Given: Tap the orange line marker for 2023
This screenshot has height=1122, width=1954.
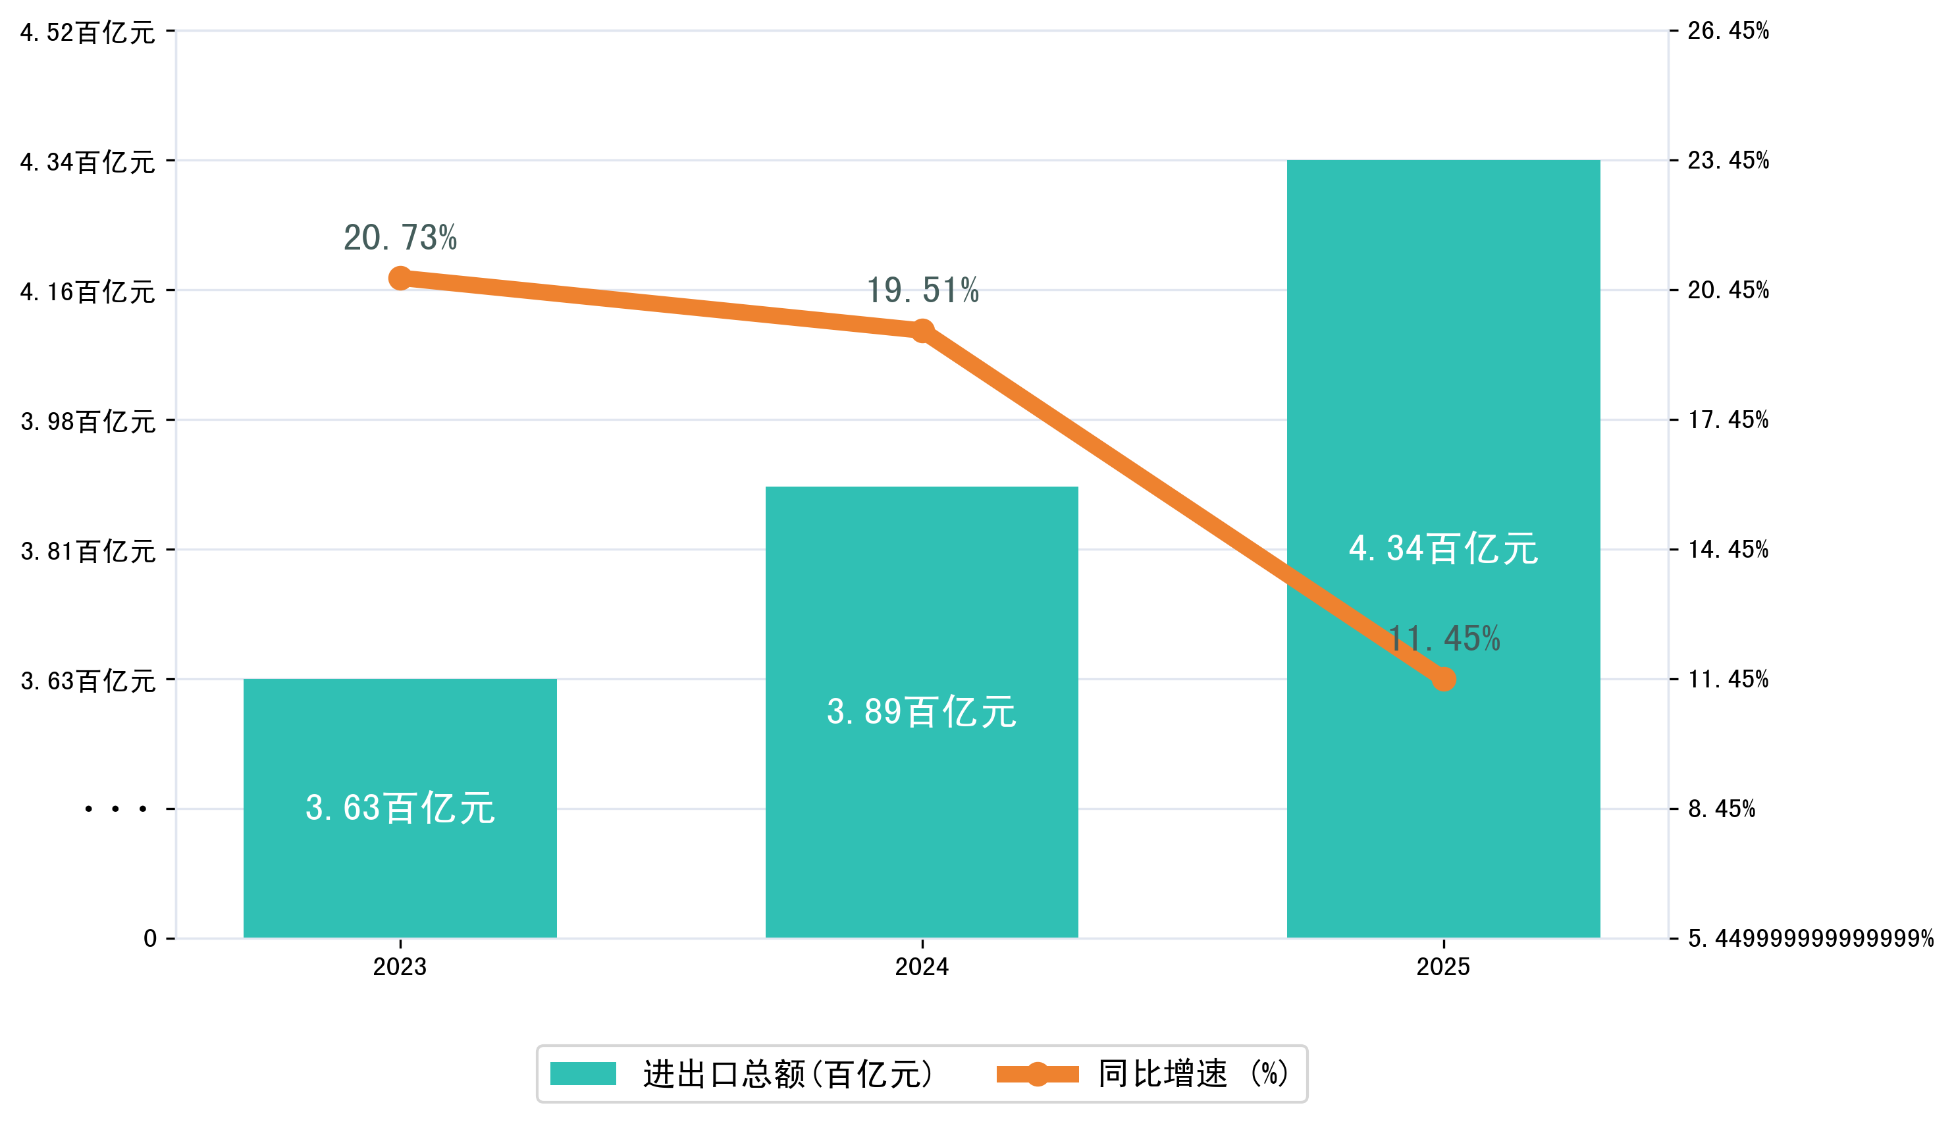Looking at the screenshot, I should pyautogui.click(x=400, y=278).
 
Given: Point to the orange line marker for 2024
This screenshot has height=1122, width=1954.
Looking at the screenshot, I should pyautogui.click(x=922, y=331).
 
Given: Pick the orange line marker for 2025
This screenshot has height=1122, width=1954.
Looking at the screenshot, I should pyautogui.click(x=1443, y=679).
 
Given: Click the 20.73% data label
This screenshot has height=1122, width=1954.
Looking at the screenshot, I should pyautogui.click(x=400, y=237).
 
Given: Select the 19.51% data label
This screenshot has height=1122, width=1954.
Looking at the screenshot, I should pyautogui.click(x=922, y=290).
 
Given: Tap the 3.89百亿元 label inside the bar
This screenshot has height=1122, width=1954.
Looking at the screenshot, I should pyautogui.click(x=922, y=711).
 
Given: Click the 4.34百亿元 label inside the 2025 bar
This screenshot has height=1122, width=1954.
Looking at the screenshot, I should pyautogui.click(x=1443, y=548).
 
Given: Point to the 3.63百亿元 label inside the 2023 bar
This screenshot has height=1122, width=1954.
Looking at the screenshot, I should pyautogui.click(x=400, y=808).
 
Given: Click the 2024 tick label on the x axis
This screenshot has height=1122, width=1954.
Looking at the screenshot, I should pyautogui.click(x=922, y=967).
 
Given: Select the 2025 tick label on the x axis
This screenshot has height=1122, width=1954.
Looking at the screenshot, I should pyautogui.click(x=1443, y=967).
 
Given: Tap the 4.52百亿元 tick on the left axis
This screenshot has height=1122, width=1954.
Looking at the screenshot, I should pyautogui.click(x=88, y=32).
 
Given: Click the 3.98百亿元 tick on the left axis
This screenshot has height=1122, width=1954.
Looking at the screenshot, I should pyautogui.click(x=88, y=421).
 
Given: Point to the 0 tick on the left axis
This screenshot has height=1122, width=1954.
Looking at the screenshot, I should pyautogui.click(x=149, y=938).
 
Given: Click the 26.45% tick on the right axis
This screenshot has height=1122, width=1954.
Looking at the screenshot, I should pyautogui.click(x=1728, y=31).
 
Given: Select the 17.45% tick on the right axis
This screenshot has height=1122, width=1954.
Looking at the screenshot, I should pyautogui.click(x=1728, y=420).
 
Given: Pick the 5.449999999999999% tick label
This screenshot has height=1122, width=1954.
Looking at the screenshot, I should pyautogui.click(x=1810, y=938).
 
